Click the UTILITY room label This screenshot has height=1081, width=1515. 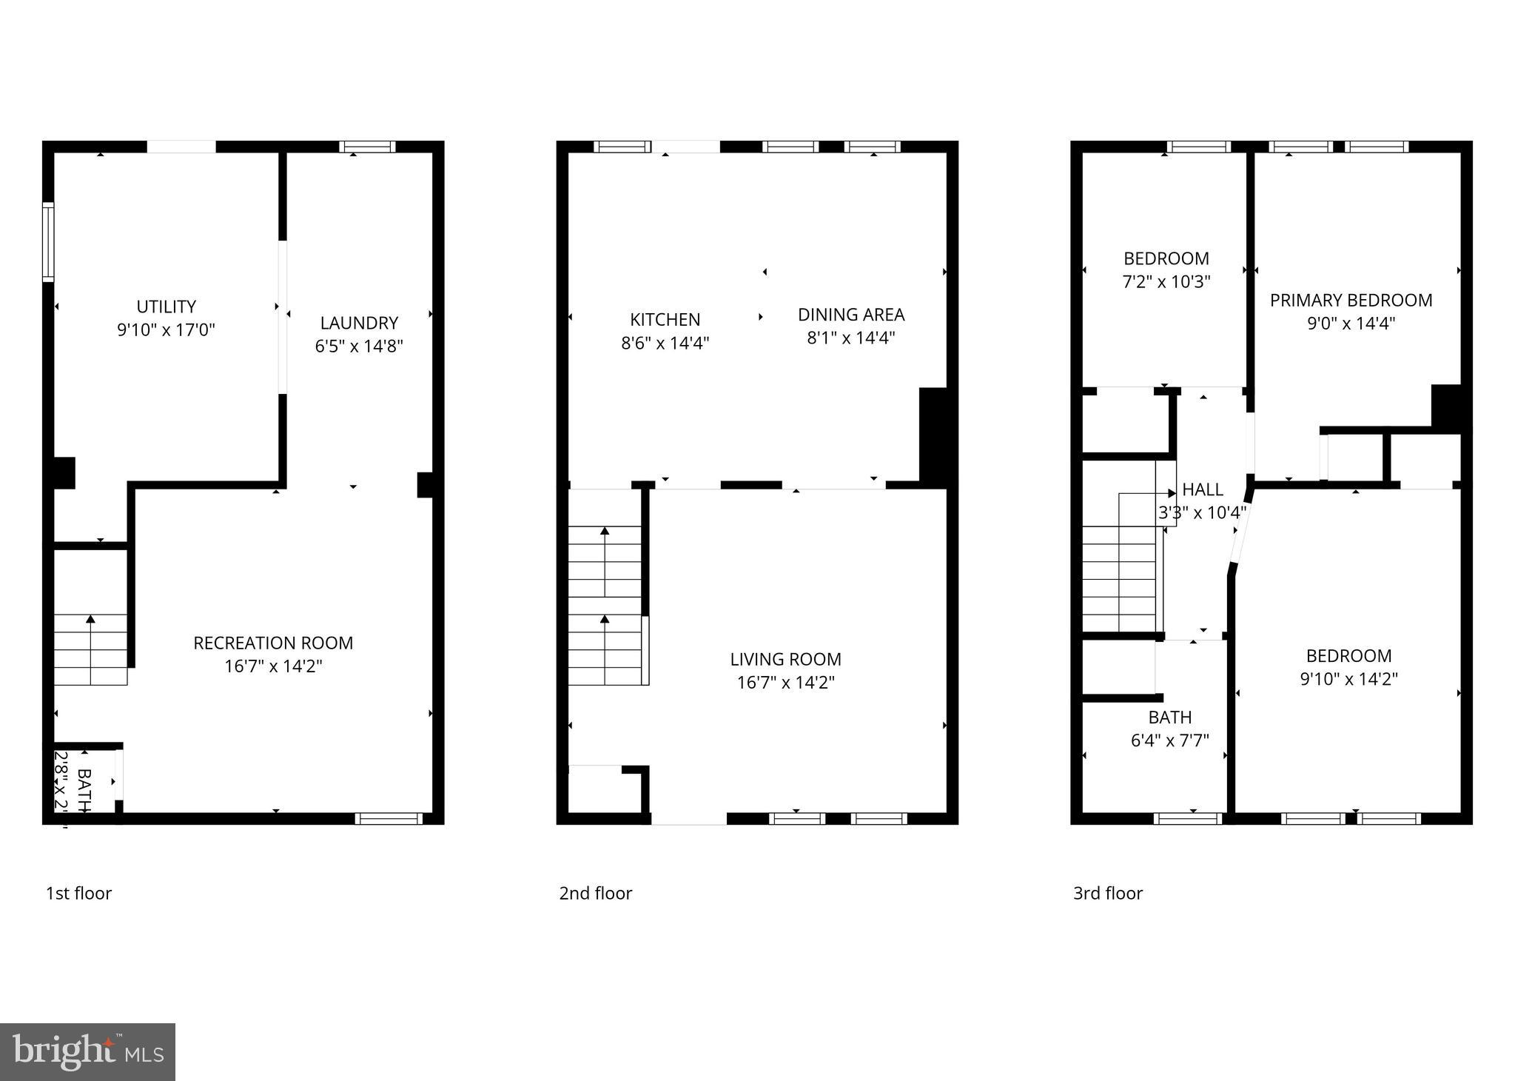click(166, 307)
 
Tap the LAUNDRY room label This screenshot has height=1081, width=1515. click(359, 323)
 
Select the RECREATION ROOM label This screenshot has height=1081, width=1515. click(273, 643)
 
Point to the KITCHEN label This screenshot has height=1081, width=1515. click(665, 319)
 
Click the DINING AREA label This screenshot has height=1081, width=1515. click(851, 315)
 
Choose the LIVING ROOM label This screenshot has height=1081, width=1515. click(785, 659)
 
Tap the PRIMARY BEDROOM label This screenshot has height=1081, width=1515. click(1351, 300)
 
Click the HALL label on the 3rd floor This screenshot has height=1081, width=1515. click(1203, 489)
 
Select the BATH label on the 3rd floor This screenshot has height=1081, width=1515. click(1169, 717)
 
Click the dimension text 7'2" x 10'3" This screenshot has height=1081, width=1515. click(1166, 282)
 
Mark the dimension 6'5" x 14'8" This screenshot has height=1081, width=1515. click(359, 347)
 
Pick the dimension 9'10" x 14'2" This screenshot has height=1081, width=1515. click(1348, 679)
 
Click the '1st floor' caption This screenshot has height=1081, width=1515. click(78, 893)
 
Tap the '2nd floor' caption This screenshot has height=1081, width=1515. click(595, 893)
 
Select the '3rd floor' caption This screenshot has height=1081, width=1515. click(1107, 893)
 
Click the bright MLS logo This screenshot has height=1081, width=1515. click(87, 1052)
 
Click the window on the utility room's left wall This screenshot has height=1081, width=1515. click(48, 242)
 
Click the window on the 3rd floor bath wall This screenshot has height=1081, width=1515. click(1187, 818)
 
